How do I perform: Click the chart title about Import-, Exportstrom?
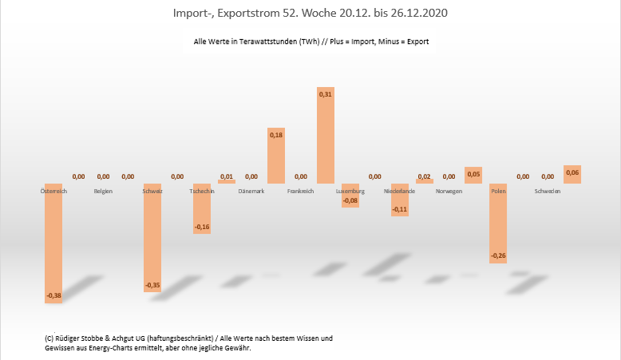pos(310,14)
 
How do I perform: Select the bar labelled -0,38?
pos(53,243)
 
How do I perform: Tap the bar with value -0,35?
pos(152,237)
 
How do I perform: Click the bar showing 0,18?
pos(276,156)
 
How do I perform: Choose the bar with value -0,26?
pos(498,223)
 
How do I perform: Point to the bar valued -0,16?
pos(202,208)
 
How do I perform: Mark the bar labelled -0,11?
pos(400,200)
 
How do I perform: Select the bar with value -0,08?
pos(350,196)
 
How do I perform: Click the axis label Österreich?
pos(53,192)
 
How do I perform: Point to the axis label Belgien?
pos(103,192)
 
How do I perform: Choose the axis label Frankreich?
pos(301,192)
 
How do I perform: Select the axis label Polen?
pos(498,192)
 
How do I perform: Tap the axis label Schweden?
pos(548,192)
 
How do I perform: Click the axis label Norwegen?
pos(449,192)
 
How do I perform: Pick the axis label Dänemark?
pos(251,192)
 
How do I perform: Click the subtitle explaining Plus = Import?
pos(311,42)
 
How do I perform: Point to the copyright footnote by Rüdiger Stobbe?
pos(189,342)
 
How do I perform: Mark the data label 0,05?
pos(473,173)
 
